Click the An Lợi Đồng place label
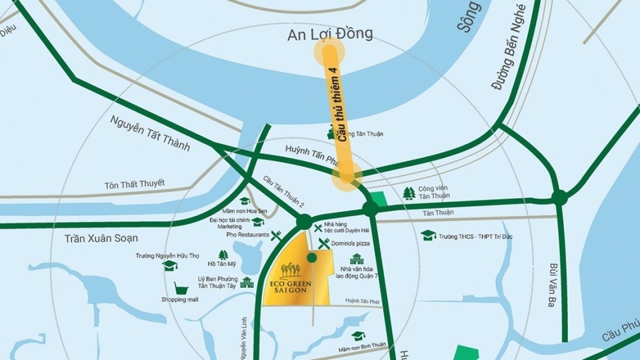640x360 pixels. pyautogui.click(x=330, y=34)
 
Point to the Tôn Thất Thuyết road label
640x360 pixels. pyautogui.click(x=134, y=184)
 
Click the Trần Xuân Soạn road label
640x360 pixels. pyautogui.click(x=101, y=238)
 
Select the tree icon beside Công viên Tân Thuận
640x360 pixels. pyautogui.click(x=409, y=193)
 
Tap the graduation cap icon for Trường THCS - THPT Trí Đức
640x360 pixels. pyautogui.click(x=428, y=235)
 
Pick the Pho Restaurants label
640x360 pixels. pyautogui.click(x=248, y=235)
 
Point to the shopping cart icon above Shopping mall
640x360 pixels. pyautogui.click(x=180, y=288)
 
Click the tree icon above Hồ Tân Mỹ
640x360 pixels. pyautogui.click(x=223, y=255)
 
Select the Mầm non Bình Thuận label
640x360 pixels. pyautogui.click(x=361, y=348)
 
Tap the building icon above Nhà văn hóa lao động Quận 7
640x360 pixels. pyautogui.click(x=357, y=259)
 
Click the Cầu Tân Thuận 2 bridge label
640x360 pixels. pyautogui.click(x=283, y=192)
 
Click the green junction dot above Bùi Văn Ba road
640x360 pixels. pyautogui.click(x=559, y=197)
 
